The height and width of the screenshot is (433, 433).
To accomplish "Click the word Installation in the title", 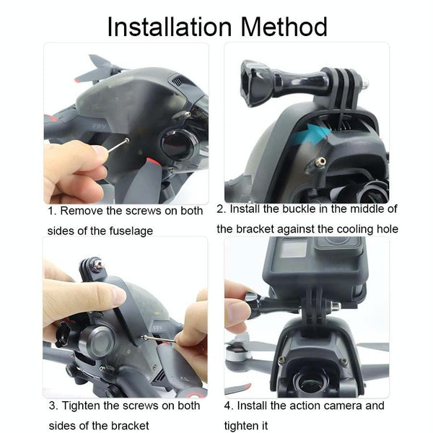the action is pos(170,27).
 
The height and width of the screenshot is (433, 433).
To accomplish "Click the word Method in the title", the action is pos(284,27).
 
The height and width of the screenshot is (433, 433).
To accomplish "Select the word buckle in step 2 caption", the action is pos(299,209).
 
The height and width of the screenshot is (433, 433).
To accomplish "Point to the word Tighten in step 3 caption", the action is pos(81,406).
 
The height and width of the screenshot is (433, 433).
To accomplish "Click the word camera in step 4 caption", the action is pos(342,406).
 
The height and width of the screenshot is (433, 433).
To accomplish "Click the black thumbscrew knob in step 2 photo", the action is pos(254,83).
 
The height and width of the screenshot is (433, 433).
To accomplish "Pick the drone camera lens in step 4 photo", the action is pos(308,384).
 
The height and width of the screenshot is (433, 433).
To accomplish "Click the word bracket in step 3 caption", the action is pos(131,426).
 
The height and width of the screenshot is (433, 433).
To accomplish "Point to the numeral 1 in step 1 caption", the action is pos(51,211).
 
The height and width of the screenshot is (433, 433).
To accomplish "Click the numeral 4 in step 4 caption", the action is pos(227,406).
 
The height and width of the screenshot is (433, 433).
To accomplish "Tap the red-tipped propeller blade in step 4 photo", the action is pos(237,388).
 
